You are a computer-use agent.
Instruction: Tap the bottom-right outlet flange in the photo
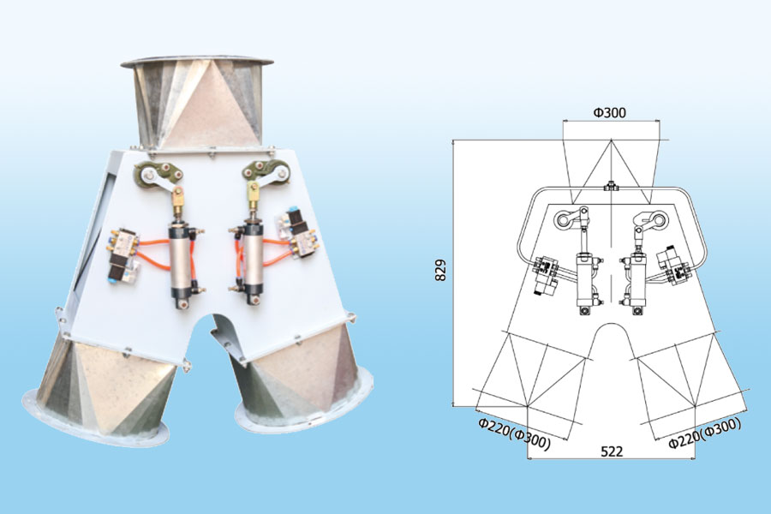coord(304,403)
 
